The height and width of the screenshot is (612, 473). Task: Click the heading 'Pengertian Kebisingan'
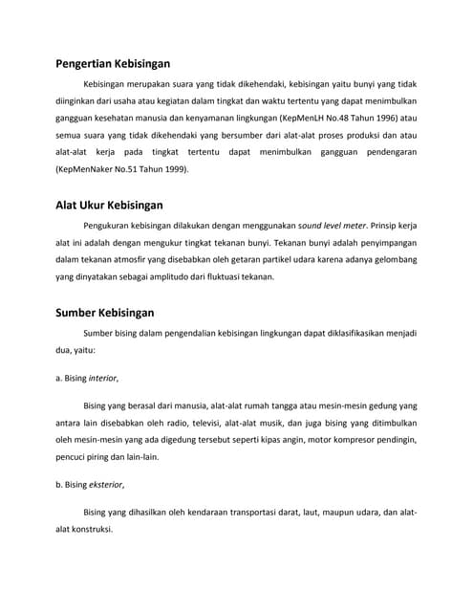113,64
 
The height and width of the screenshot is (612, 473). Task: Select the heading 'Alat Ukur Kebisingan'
109,205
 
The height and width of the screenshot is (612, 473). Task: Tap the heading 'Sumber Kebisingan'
104,312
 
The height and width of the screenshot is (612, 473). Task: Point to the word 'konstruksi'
90,529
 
